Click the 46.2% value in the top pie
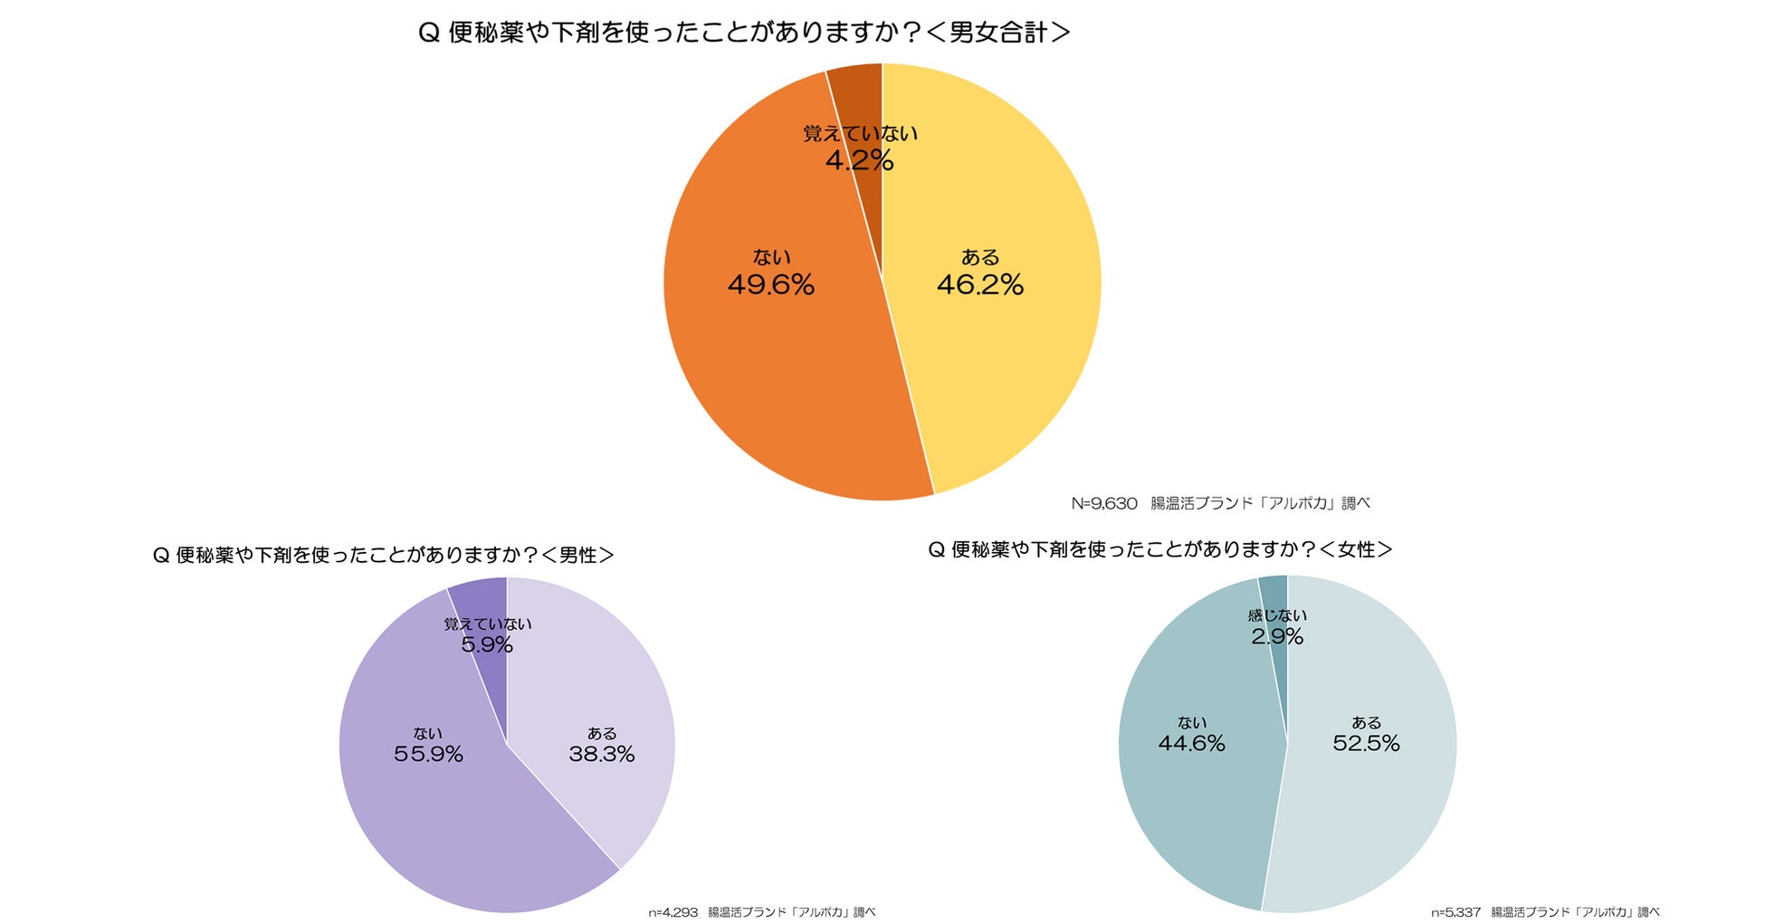click(x=979, y=285)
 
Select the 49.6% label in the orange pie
click(x=771, y=285)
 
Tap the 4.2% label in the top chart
click(x=859, y=161)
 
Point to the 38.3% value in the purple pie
click(x=601, y=754)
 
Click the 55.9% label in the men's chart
click(x=428, y=754)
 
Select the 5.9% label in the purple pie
click(x=487, y=645)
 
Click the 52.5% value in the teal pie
click(x=1366, y=744)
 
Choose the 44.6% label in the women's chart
click(x=1191, y=744)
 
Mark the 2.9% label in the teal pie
click(x=1277, y=637)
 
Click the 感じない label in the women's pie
click(x=1277, y=616)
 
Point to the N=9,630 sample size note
click(x=1104, y=504)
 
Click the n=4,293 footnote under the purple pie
click(x=673, y=912)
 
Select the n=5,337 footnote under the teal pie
click(x=1455, y=912)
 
